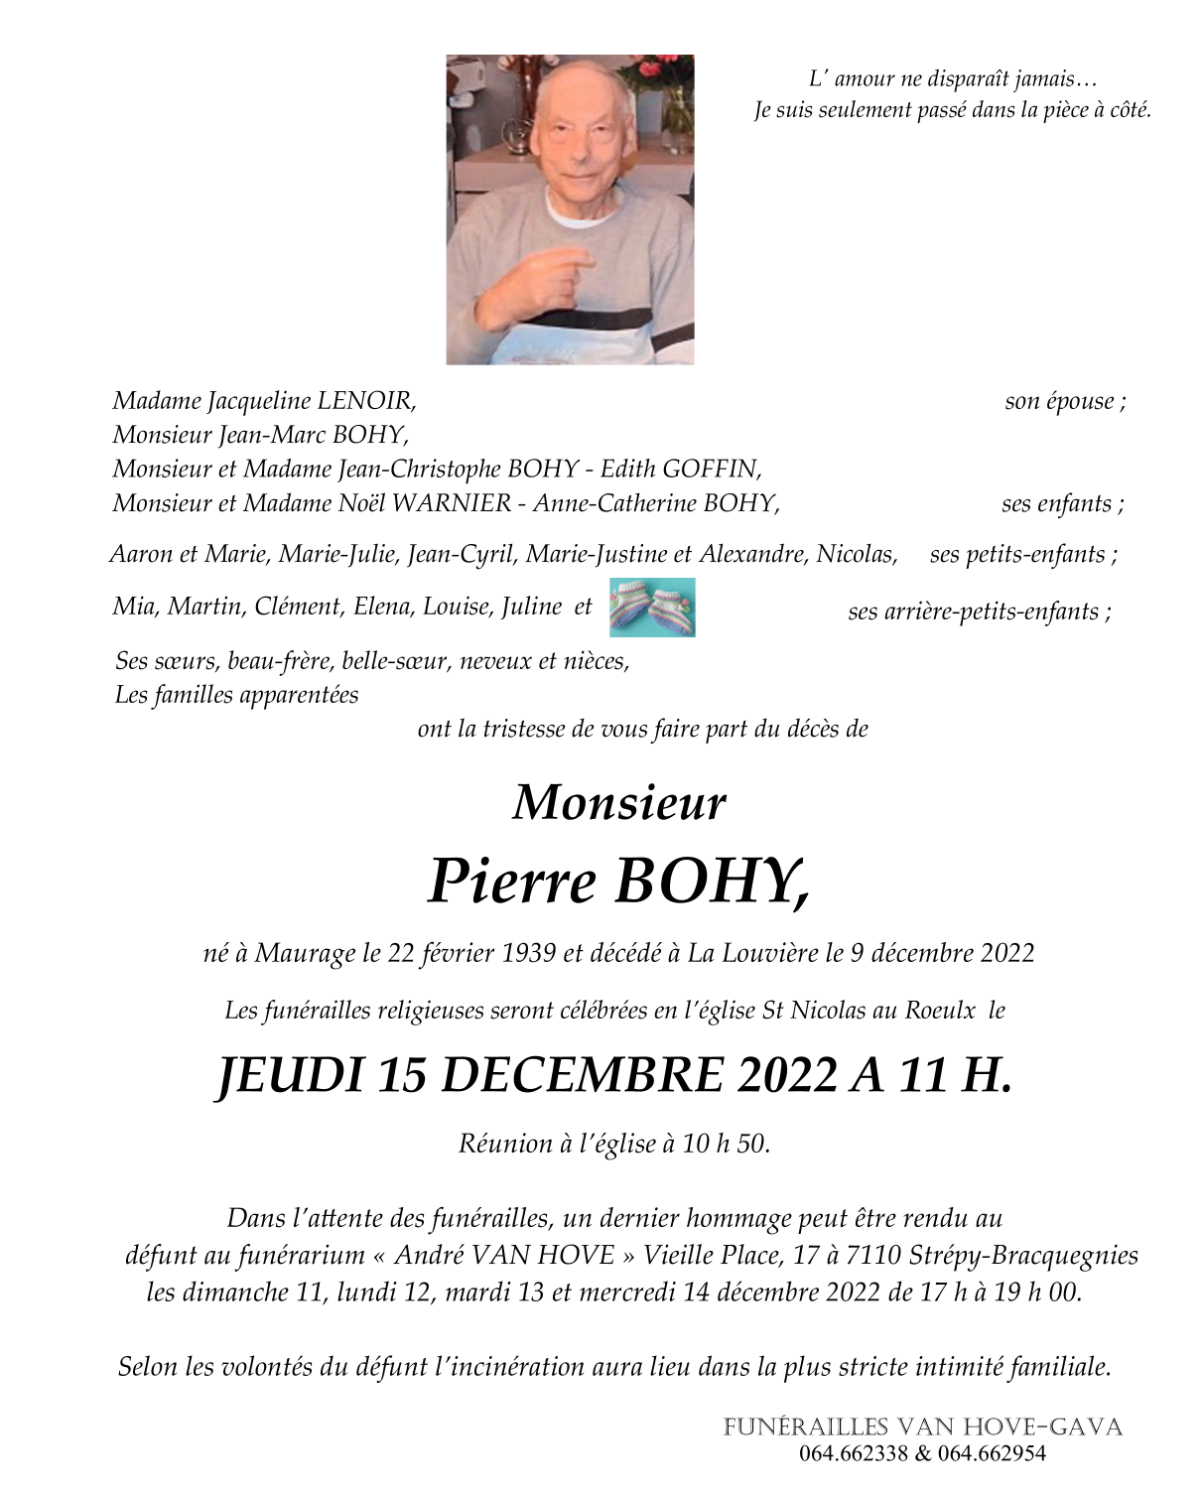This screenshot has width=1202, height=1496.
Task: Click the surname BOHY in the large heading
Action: tap(712, 882)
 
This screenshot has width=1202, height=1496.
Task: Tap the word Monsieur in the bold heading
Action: tap(619, 802)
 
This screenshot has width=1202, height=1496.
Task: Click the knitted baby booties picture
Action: tap(651, 608)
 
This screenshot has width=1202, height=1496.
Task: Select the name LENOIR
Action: tap(365, 401)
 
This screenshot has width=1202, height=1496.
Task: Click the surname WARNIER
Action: tap(452, 503)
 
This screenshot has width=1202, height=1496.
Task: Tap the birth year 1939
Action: tap(529, 954)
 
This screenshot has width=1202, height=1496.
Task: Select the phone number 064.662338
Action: tap(854, 1454)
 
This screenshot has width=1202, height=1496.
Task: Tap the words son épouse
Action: tap(1064, 402)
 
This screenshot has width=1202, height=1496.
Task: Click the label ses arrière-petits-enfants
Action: tap(979, 612)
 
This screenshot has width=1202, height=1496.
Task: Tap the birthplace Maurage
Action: tap(306, 954)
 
